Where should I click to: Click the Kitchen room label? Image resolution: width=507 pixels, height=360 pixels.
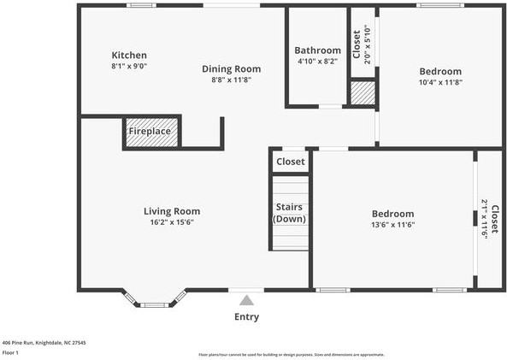pos(129,56)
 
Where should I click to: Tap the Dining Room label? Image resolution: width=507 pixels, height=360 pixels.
pos(231,69)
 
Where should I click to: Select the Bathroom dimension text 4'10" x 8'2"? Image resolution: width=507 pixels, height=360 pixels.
pos(317,62)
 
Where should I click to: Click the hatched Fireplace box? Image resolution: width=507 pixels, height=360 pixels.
pos(152,133)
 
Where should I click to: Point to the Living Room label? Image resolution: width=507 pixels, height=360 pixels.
pos(172,211)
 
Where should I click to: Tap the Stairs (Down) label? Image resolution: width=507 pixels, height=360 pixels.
pos(290,213)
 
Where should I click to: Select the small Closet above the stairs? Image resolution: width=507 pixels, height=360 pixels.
pos(290,161)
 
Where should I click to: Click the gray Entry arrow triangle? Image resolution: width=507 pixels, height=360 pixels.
pos(247,300)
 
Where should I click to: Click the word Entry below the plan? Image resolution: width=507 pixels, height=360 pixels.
pos(247,317)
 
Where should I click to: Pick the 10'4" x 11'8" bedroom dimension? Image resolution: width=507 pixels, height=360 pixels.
pos(440,83)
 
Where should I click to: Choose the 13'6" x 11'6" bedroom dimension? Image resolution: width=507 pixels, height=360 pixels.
pos(392,225)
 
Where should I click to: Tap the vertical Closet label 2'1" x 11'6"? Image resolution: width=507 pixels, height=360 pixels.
pos(489,219)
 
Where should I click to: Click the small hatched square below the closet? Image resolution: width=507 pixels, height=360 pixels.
pos(363,93)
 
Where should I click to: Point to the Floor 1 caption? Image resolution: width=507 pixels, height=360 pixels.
pos(10,351)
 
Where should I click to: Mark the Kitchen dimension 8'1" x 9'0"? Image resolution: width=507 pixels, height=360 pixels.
pos(129,67)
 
